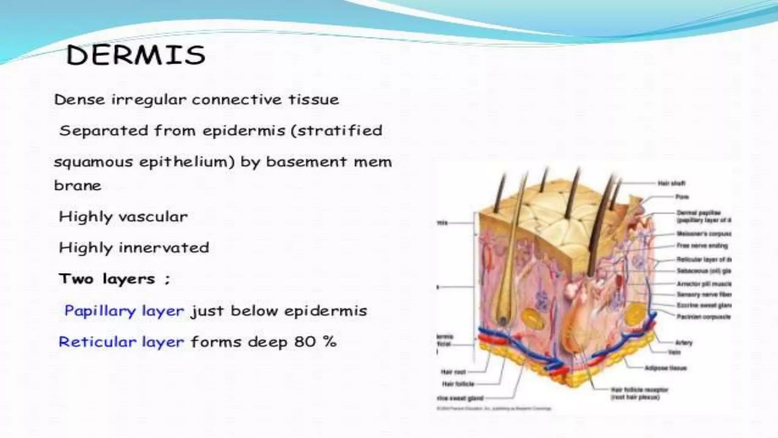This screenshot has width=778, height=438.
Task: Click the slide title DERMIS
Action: (x=136, y=56)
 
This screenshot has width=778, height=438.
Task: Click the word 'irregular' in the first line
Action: (x=149, y=100)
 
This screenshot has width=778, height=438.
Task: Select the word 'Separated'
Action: (x=104, y=131)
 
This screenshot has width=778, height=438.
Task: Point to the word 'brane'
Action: (x=77, y=186)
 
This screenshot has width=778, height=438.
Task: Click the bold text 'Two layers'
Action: (x=107, y=279)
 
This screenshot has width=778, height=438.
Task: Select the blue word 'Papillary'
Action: (x=100, y=311)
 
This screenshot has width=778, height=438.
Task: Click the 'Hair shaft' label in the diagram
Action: (x=672, y=183)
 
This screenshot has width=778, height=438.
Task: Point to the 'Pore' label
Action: (x=682, y=197)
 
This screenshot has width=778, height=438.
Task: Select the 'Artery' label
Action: (x=684, y=343)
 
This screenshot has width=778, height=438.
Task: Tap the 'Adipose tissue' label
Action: (x=666, y=368)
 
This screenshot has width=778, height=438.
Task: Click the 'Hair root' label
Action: (x=453, y=372)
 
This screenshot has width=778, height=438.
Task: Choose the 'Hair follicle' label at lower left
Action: (x=458, y=384)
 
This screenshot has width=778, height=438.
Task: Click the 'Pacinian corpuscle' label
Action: (x=704, y=316)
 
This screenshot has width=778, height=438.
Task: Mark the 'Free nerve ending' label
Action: (x=702, y=246)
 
